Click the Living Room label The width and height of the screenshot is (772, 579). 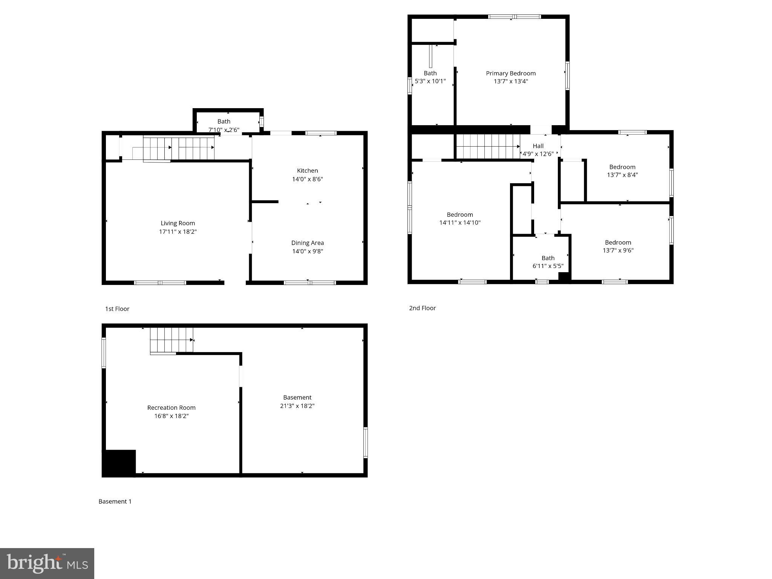point(178,223)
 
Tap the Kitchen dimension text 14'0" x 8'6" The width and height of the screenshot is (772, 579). point(307,179)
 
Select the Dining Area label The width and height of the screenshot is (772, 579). point(307,243)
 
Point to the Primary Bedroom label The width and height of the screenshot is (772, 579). point(510,73)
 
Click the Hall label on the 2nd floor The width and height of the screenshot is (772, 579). point(538,146)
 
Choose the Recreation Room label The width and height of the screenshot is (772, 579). point(171,407)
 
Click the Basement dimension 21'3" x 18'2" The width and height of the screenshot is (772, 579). point(297,406)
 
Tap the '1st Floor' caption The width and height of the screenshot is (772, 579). point(117,309)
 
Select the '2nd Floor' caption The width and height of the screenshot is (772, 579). point(422,308)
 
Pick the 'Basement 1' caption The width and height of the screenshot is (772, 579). point(115,501)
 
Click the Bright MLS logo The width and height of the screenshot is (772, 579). point(47,563)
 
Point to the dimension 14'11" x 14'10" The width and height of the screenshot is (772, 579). point(460,223)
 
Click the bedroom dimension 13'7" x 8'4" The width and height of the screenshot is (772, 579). point(622,175)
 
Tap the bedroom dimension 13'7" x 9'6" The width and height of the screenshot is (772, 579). point(618,250)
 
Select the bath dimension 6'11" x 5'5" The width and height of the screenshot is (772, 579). point(548,266)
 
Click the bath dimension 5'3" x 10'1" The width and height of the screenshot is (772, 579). point(430,81)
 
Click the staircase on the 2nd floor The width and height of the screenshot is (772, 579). point(488,146)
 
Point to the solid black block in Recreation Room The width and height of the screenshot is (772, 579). point(119,463)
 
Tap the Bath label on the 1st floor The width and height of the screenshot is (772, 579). point(224,121)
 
